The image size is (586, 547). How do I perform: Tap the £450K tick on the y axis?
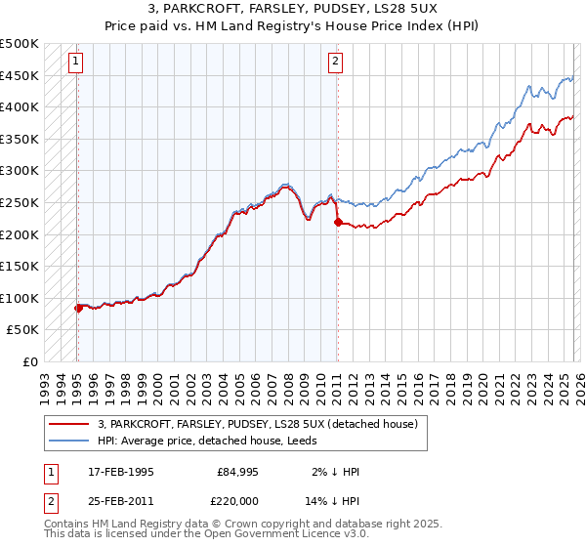(x=20, y=75)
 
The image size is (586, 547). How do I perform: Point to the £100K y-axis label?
(x=20, y=298)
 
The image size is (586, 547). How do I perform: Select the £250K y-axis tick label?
(x=20, y=202)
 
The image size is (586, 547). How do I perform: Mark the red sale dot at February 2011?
(x=338, y=223)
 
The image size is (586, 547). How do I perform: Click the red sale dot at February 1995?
(x=78, y=308)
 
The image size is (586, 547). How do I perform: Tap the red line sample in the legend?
(x=70, y=424)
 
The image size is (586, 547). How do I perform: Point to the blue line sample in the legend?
(x=70, y=441)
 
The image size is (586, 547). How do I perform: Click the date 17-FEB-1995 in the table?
(x=119, y=471)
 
